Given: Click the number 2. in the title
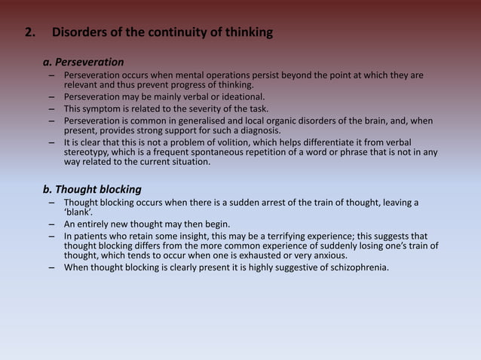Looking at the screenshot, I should [x=31, y=33].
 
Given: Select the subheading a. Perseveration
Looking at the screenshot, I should [x=84, y=62].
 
